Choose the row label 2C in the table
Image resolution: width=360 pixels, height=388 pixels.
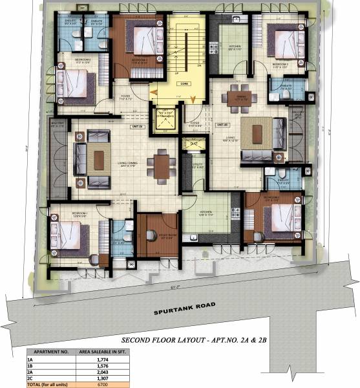30,379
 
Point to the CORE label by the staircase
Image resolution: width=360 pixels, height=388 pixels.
184,83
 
